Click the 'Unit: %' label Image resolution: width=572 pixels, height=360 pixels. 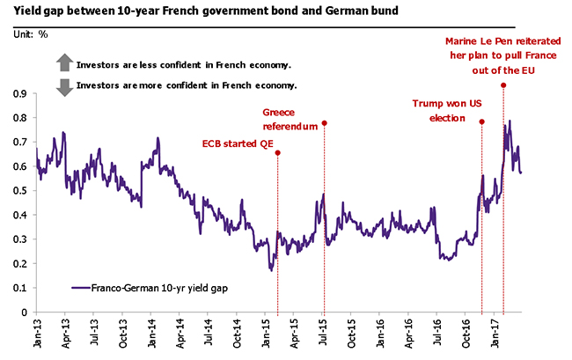click(32, 33)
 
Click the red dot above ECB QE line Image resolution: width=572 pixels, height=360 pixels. click(278, 153)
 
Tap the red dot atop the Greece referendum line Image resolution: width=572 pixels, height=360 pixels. click(325, 123)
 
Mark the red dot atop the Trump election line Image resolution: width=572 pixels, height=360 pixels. click(481, 121)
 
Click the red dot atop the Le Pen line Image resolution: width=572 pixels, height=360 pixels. click(502, 84)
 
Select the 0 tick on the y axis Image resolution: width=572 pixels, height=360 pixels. click(26, 312)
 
